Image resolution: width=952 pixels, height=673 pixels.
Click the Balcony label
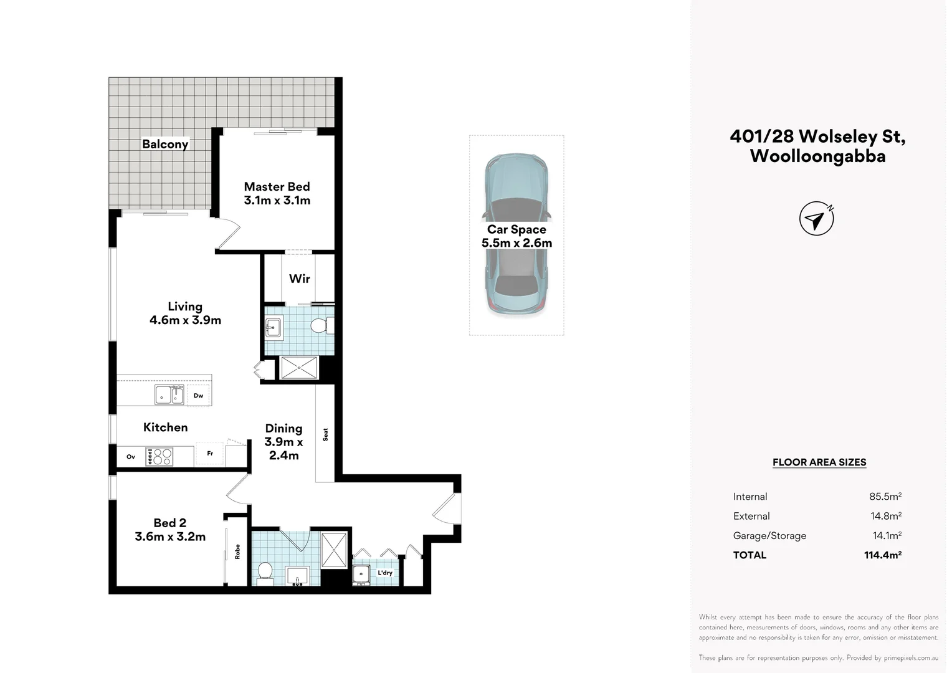click(165, 144)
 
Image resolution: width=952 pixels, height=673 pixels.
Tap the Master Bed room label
click(277, 186)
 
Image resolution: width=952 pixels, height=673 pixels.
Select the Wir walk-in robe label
click(299, 279)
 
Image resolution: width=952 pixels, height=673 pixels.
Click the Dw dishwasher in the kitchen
click(199, 395)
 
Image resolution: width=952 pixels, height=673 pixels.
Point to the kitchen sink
click(169, 394)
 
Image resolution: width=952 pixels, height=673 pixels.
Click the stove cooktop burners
click(159, 457)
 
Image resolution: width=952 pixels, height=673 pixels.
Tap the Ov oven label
click(130, 457)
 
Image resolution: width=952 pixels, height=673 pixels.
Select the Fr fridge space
click(209, 454)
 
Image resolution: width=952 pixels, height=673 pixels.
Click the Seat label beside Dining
click(326, 434)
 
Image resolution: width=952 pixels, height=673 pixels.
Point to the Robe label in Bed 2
click(237, 551)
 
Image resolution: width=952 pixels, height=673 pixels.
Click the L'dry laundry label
click(385, 573)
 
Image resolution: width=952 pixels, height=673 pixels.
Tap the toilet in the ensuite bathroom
click(321, 326)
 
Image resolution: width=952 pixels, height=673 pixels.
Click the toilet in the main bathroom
click(265, 573)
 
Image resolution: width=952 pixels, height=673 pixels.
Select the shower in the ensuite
click(299, 368)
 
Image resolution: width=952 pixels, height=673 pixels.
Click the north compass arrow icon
click(816, 219)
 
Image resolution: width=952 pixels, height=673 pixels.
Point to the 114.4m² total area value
click(883, 555)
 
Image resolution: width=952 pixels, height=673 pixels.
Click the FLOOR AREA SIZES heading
click(819, 462)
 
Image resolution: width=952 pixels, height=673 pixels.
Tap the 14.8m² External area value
click(886, 516)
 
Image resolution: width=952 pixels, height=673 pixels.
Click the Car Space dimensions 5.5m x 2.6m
click(516, 243)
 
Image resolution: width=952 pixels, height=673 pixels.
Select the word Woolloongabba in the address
click(817, 156)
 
